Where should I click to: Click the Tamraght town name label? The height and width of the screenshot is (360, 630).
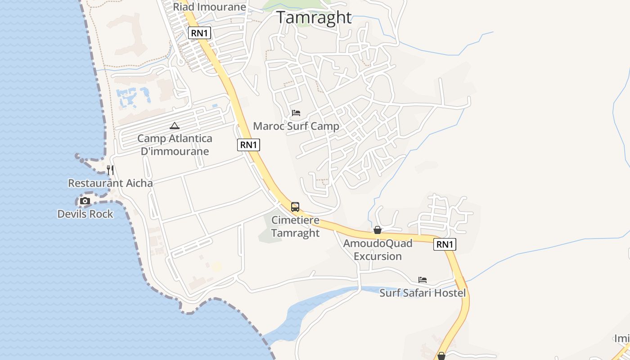click(x=314, y=18)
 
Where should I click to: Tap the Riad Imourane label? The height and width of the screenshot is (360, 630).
click(x=209, y=7)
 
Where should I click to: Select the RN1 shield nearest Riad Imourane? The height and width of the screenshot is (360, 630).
click(x=199, y=33)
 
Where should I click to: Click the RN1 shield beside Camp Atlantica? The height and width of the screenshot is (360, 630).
click(x=248, y=144)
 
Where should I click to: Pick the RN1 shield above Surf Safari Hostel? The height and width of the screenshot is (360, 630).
click(x=445, y=244)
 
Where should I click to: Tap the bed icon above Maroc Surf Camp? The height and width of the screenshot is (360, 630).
click(x=296, y=112)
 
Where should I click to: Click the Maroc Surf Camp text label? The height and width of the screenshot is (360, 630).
click(x=296, y=126)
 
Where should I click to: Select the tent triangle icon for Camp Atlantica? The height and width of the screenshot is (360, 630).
click(x=175, y=126)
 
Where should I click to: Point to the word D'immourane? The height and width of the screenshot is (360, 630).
click(x=175, y=151)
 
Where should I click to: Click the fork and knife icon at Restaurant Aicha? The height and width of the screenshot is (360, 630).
click(x=110, y=170)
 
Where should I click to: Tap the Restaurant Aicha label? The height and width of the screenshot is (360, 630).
click(x=110, y=183)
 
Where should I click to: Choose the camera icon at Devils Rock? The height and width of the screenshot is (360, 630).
click(x=85, y=201)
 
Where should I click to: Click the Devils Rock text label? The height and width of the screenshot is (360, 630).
click(x=85, y=214)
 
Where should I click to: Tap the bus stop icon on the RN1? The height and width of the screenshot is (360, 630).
click(x=295, y=207)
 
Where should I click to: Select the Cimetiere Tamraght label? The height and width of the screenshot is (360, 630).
click(x=295, y=226)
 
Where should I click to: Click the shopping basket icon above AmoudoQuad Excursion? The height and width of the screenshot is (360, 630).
click(x=377, y=230)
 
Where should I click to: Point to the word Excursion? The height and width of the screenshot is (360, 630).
click(x=377, y=256)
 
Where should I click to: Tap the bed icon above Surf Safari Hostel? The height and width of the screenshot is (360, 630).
click(x=422, y=279)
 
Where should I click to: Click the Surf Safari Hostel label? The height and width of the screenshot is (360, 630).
click(x=422, y=293)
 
